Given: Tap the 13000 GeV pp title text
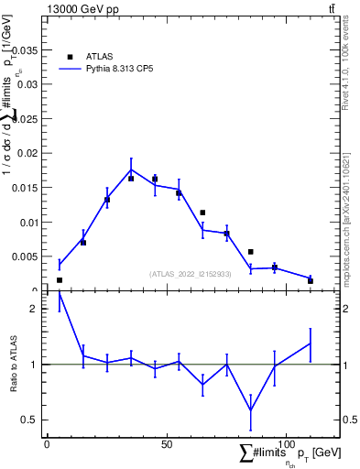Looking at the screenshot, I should click(x=80, y=8).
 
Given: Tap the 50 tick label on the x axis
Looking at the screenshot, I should click(x=166, y=444).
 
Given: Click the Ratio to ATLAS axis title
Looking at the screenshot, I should click(x=14, y=364).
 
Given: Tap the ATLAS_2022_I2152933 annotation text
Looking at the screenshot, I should click(x=190, y=274).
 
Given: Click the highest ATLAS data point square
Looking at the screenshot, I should click(x=155, y=179).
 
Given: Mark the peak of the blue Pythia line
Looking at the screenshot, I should click(x=131, y=169).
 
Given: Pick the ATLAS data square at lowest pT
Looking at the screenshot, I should click(x=60, y=280).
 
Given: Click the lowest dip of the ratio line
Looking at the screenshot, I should click(x=250, y=410).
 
